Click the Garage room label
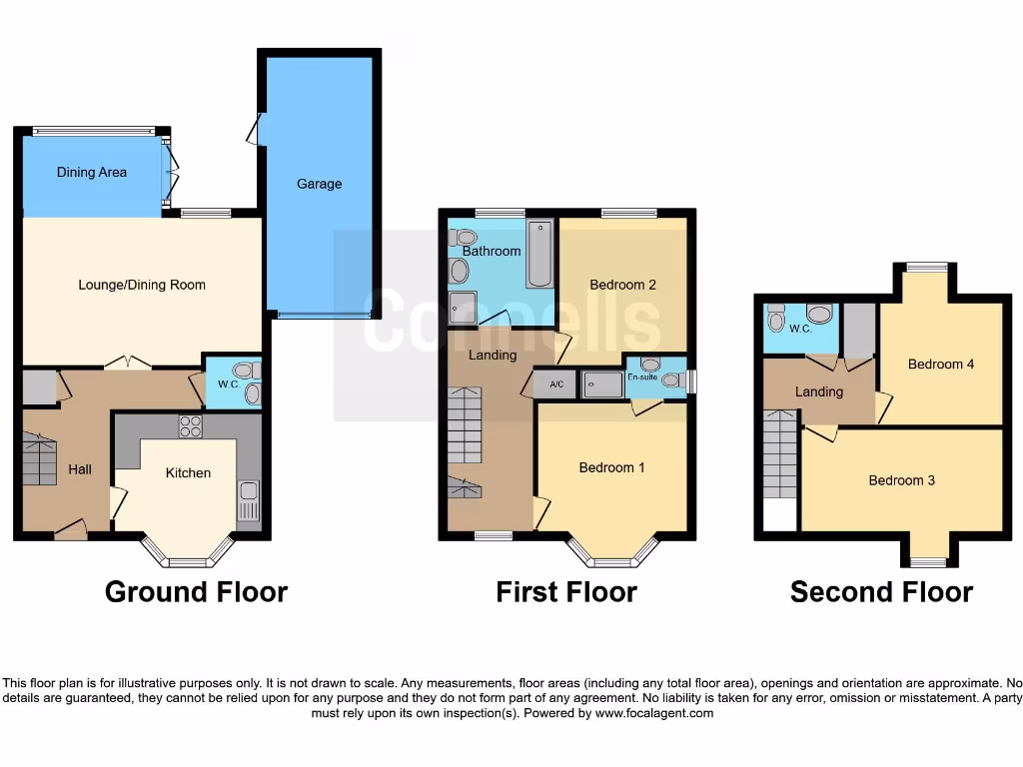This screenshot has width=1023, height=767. pos(319,184)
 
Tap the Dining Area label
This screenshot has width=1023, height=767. pos(91,172)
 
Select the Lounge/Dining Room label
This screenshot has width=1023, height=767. pos(142,285)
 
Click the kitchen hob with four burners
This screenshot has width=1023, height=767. pos(190,426)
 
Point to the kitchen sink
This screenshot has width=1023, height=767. pos(248,498)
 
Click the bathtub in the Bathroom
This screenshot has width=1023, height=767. pos(539,253)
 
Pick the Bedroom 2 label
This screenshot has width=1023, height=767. pos(622,285)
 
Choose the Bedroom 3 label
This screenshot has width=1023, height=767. pos(901,480)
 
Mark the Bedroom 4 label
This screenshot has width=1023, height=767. pos(940,365)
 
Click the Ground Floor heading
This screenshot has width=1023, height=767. pos(196,592)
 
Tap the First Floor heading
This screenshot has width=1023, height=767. pos(565,592)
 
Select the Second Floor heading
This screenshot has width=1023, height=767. pos(881,592)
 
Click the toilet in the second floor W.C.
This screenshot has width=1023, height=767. pos(777,319)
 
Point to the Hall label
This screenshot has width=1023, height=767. pos(80,468)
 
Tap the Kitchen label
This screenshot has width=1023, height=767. pos(188,472)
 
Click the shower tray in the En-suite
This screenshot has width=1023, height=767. pos(602,384)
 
